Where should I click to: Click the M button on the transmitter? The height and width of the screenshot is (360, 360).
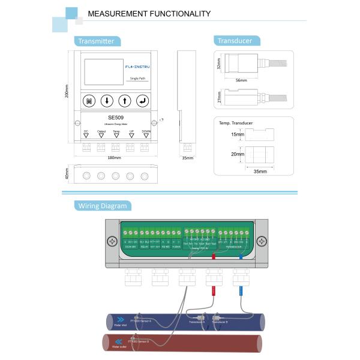pos(89,101)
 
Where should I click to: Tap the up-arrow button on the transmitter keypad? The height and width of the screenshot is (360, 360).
pos(125,101)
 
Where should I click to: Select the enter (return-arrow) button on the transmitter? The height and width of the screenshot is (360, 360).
pos(143,101)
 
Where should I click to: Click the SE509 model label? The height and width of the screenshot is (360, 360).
pos(115,118)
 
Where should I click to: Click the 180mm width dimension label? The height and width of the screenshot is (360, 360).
pos(114,158)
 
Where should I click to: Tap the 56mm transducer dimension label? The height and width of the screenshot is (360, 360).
pos(241,80)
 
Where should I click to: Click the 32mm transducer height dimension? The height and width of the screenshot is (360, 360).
pos(220,64)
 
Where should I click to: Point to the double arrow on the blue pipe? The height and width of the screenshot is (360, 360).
pos(119,319)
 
